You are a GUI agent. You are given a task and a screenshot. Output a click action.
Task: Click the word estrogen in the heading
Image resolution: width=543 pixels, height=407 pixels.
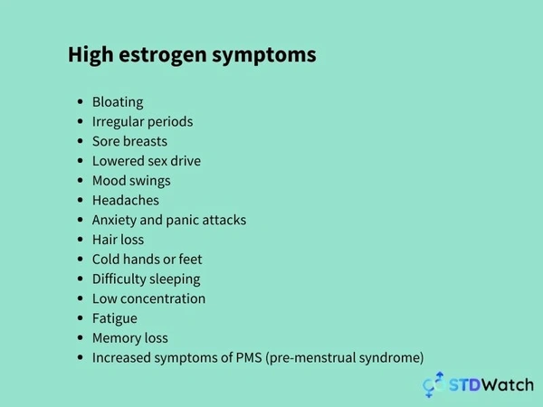162,55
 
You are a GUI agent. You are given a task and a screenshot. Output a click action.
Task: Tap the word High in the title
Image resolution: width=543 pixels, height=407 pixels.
90,55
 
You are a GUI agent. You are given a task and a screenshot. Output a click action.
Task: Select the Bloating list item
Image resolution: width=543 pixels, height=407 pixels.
118,102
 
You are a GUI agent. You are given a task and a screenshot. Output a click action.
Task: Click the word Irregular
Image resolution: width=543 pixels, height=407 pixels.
117,122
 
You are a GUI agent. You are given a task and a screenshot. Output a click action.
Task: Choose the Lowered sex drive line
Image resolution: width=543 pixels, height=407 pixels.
147,161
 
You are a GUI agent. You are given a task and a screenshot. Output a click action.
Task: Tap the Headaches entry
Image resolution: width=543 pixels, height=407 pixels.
126,201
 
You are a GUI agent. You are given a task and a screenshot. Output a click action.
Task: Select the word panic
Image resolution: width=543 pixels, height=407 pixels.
183,221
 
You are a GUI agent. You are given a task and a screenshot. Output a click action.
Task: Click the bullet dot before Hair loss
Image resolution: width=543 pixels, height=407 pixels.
81,240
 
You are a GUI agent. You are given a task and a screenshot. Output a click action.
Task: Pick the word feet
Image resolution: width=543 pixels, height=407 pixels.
190,260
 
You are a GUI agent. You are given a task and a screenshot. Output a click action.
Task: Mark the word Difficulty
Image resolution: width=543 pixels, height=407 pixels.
119,279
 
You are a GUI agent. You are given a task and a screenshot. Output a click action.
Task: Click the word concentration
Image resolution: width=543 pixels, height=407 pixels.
163,298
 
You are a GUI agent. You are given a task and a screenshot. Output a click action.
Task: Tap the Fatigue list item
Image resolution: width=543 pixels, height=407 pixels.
115,318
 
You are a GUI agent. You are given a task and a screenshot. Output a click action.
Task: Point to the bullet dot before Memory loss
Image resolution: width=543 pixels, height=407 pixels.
81,337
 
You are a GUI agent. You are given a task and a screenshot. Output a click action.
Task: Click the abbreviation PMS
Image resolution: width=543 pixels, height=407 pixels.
249,357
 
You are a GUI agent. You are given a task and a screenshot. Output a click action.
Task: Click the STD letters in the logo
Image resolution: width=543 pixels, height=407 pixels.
465,385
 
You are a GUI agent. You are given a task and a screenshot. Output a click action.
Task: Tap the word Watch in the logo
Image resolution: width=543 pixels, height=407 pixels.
508,385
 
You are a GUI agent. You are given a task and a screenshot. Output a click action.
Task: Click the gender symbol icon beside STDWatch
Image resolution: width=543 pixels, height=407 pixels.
433,384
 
